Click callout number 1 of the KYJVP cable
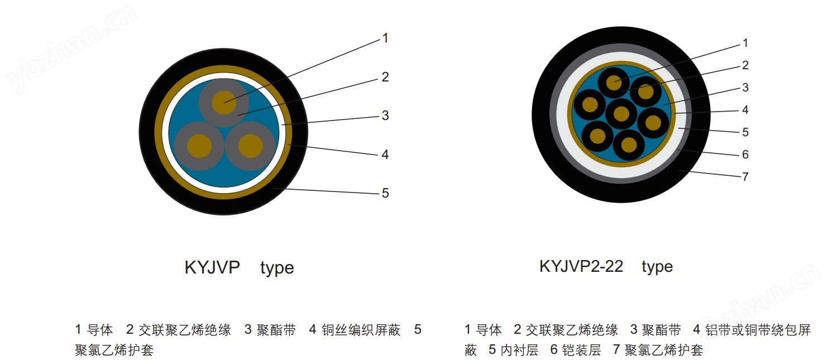(x=385, y=38)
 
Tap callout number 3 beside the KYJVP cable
(x=385, y=116)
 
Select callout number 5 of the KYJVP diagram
(x=385, y=193)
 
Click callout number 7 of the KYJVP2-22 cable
(x=745, y=177)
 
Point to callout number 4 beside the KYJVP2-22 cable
(x=745, y=110)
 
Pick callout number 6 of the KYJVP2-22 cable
(x=745, y=155)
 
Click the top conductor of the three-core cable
(x=224, y=102)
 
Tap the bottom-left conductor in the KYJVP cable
(x=199, y=146)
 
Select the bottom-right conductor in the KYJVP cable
(x=250, y=146)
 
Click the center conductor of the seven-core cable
(x=621, y=114)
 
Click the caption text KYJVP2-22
(x=581, y=266)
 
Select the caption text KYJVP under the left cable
(x=212, y=267)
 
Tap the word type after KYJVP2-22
(x=657, y=267)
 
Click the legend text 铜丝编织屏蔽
(x=361, y=330)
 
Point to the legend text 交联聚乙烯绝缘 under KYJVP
(x=185, y=330)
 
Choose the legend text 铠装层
(x=581, y=349)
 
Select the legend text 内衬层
(x=519, y=349)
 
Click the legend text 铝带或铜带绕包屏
(x=758, y=330)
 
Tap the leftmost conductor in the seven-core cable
(x=590, y=105)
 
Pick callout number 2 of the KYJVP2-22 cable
(x=745, y=65)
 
